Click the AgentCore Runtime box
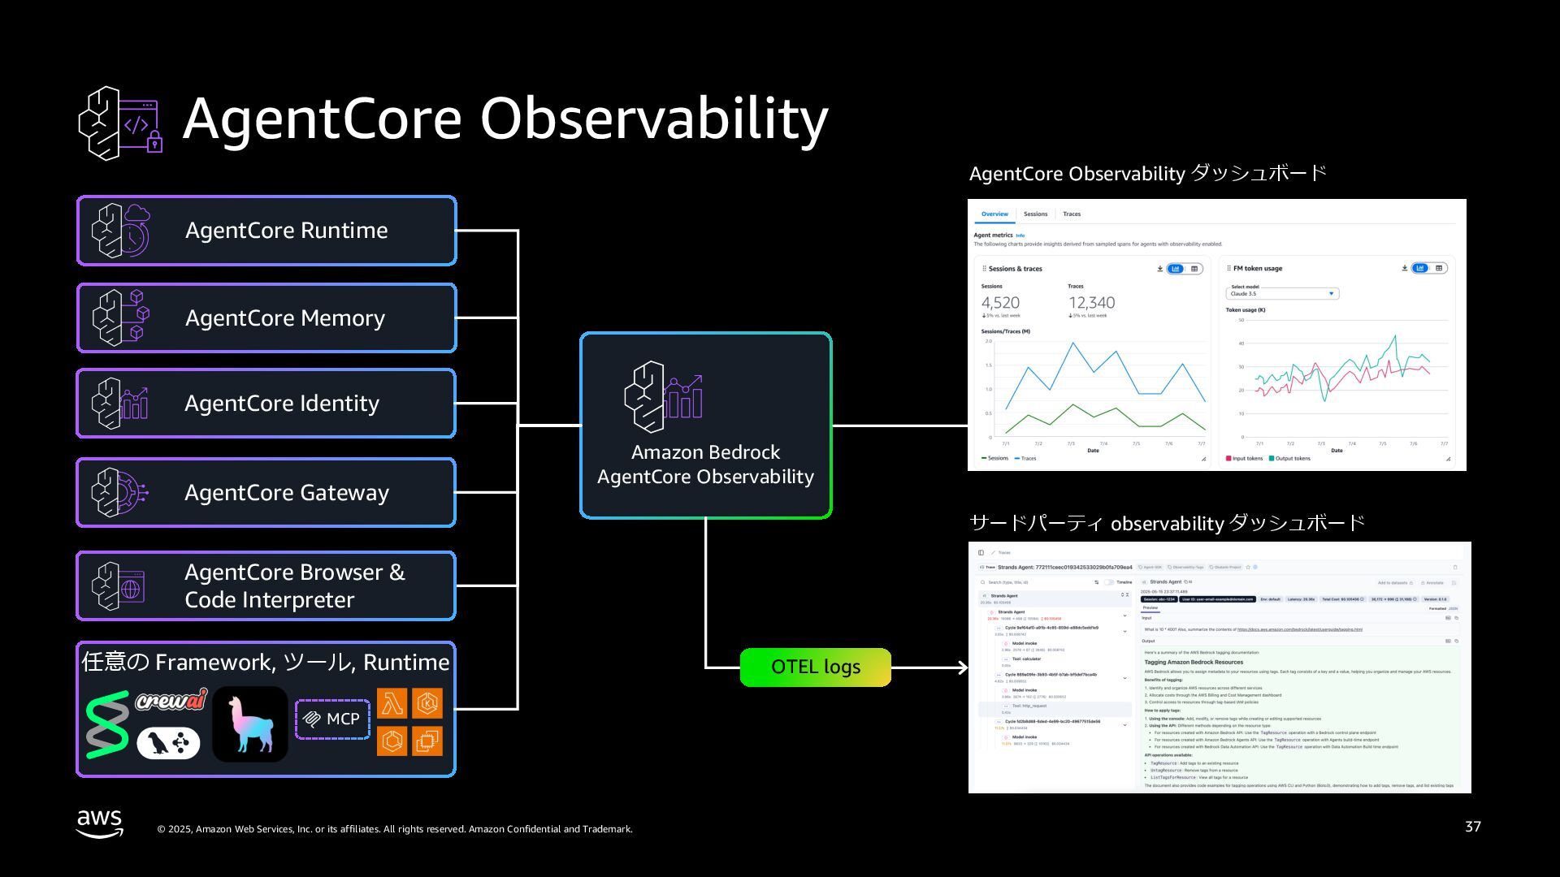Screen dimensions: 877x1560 [x=266, y=231]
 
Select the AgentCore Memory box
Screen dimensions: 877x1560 [x=266, y=318]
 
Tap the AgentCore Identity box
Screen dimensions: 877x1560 [x=266, y=404]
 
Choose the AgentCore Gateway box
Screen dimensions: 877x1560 [x=266, y=492]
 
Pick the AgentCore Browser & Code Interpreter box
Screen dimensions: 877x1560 [x=266, y=585]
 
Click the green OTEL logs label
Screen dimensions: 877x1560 [x=815, y=667]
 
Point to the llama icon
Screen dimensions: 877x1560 [x=250, y=724]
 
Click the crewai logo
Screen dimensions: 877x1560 [x=171, y=700]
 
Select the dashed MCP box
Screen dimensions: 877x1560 [x=332, y=719]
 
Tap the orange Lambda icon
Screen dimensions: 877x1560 [x=392, y=704]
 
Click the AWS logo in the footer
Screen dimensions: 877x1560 [x=100, y=823]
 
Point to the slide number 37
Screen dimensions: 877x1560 [x=1472, y=827]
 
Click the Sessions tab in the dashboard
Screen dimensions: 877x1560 [x=1035, y=214]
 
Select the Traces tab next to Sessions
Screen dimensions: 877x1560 [x=1072, y=214]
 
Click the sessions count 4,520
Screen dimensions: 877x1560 [x=1000, y=303]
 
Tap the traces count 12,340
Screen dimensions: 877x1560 [x=1091, y=303]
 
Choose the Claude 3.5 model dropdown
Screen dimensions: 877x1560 [x=1282, y=294]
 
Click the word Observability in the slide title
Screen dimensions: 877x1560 [x=654, y=119]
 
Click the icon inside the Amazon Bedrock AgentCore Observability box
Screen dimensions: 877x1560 [x=663, y=397]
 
